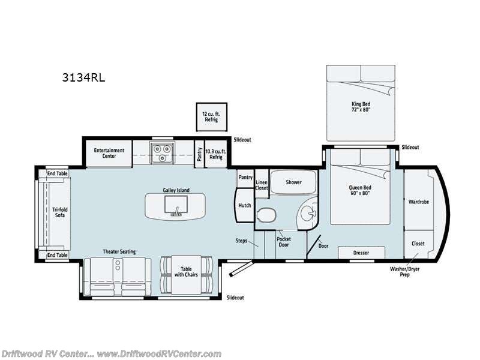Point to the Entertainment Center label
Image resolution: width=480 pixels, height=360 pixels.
(x=109, y=153)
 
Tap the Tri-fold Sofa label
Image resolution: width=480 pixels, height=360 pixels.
(x=58, y=212)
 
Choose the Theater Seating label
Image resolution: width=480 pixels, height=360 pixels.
(x=118, y=251)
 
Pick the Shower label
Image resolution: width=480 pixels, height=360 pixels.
(x=293, y=182)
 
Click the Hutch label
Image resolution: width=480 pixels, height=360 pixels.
(x=244, y=205)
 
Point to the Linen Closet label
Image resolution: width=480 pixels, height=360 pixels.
(x=262, y=184)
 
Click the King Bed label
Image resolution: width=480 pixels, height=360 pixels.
(x=361, y=107)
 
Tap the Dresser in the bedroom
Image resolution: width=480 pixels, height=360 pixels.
(x=361, y=253)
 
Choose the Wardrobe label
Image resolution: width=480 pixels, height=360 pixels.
(x=418, y=202)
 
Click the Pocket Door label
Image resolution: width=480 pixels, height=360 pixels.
(x=283, y=241)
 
